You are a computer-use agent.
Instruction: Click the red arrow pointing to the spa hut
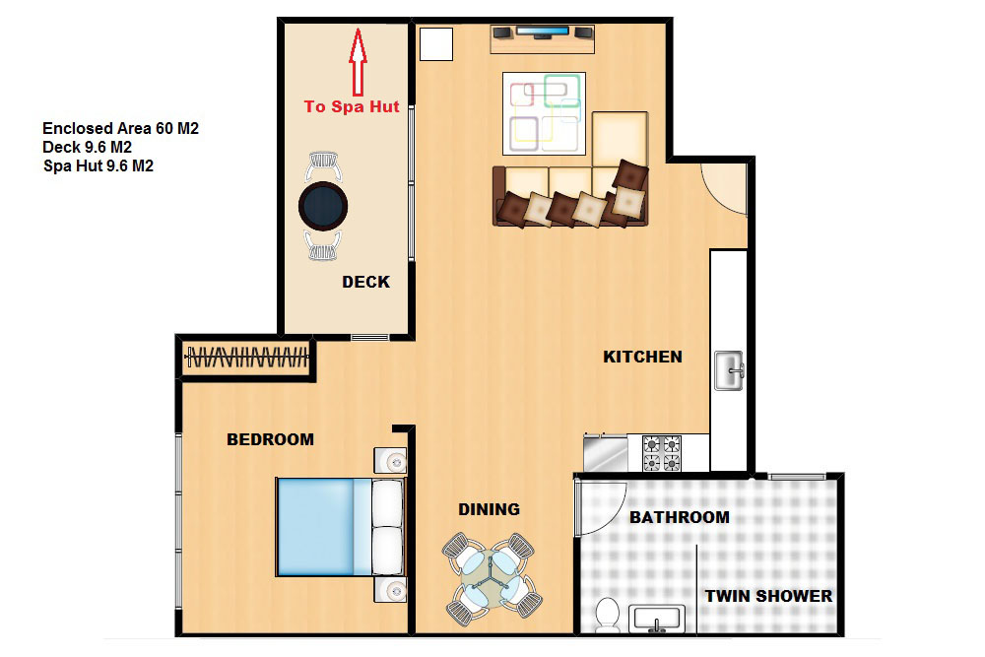point(359,61)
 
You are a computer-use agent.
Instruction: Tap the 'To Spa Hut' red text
point(352,106)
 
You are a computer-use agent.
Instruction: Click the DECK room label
point(366,282)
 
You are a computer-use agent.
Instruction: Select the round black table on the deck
point(323,206)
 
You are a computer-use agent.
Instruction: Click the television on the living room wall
point(543,32)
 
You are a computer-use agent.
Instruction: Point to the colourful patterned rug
point(544,113)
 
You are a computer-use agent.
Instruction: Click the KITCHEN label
point(642,357)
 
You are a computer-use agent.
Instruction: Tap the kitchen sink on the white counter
point(729,370)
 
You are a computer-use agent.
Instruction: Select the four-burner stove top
point(662,453)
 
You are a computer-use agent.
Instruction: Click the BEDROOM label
point(270,439)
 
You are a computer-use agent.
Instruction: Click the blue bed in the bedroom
point(340,527)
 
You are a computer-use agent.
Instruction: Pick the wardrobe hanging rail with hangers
point(247,358)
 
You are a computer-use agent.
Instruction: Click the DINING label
point(489,509)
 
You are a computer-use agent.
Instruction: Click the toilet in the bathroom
point(608,616)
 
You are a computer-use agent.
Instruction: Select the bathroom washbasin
point(657,620)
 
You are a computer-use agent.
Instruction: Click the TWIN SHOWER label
point(768,596)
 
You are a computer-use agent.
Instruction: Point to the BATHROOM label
point(680,517)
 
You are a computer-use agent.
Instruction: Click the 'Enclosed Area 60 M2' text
point(120,129)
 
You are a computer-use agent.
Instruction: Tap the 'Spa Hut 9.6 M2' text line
point(98,166)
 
